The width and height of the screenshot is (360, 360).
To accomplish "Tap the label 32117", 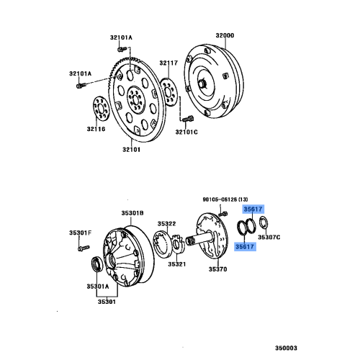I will tap(168, 63).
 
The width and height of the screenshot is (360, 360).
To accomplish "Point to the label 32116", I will tap(96, 129).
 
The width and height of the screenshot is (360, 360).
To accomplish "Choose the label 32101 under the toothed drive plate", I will tap(130, 150).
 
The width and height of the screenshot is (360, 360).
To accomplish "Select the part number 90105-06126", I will tap(225, 199).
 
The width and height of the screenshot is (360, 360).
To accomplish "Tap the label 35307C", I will tap(269, 237).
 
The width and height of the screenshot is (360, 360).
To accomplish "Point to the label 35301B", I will tap(132, 214).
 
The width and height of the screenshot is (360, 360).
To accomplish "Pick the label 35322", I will tap(168, 223).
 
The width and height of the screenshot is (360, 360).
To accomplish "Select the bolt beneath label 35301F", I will tap(78, 248).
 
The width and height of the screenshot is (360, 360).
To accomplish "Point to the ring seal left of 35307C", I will tap(246, 229).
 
